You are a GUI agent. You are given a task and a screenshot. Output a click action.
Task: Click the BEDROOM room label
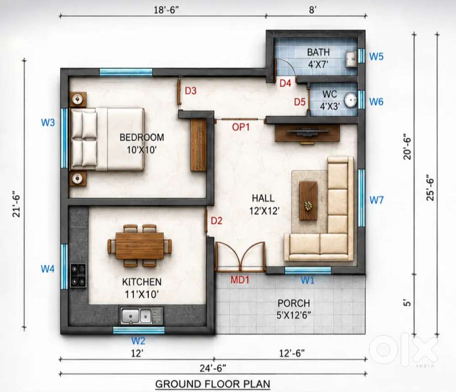142,137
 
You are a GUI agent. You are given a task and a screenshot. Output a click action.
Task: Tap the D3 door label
191,91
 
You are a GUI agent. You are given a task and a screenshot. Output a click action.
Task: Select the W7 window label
376,200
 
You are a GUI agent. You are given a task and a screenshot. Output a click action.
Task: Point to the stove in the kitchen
78,275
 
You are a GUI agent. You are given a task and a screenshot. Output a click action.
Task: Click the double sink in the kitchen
141,316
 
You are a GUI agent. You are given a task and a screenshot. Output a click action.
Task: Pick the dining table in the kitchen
140,245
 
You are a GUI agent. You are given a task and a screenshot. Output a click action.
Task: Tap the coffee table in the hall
308,201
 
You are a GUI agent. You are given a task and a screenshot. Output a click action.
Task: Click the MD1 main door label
240,280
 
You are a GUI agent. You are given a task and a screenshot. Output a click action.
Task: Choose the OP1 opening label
241,127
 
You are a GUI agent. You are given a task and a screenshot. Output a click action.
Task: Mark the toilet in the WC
351,99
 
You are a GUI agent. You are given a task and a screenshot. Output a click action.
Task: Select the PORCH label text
294,303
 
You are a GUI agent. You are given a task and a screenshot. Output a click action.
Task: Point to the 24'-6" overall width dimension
213,368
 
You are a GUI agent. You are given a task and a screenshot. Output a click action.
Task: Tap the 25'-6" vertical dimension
430,187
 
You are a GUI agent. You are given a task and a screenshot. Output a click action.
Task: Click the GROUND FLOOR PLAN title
213,384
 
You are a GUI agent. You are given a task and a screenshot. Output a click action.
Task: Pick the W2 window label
138,340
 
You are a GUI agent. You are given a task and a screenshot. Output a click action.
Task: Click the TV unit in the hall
307,133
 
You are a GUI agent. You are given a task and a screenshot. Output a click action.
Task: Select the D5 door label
300,102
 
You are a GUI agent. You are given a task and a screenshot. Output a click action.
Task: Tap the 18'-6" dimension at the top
166,10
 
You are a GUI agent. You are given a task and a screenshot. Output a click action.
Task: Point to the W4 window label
48,268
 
